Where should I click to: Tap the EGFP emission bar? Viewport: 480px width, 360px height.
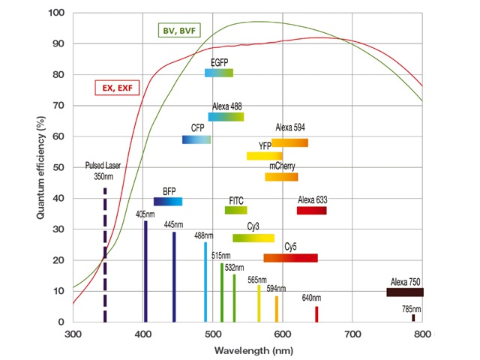(219, 73)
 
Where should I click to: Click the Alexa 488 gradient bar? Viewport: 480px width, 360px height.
(226, 116)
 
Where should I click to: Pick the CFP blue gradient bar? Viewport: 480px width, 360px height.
(196, 139)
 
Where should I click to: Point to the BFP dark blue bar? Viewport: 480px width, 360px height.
(168, 201)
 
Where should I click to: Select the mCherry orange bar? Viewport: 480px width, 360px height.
(281, 177)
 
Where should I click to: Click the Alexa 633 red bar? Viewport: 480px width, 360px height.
(311, 210)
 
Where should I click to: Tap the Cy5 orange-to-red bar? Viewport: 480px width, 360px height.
(290, 258)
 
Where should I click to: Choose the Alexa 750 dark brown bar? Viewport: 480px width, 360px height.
(404, 292)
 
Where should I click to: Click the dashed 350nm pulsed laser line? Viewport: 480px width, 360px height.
(105, 255)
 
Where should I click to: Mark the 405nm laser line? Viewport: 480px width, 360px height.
(145, 270)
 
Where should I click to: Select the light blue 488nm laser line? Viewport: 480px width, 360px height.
(205, 281)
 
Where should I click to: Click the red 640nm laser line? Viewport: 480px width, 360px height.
(316, 313)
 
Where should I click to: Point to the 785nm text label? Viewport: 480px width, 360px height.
(412, 308)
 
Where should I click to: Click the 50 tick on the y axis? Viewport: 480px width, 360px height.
(59, 167)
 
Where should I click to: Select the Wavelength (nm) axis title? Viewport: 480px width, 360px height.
(247, 350)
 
